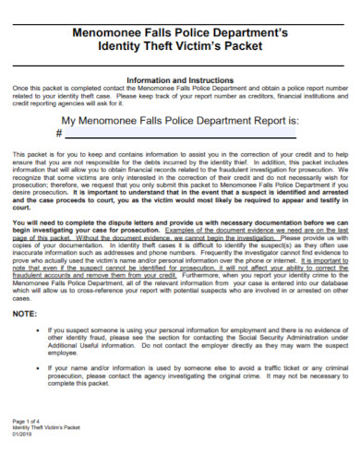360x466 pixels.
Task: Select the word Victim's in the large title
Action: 208,47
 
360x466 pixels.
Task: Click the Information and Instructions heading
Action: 179,80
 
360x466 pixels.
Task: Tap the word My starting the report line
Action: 69,120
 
